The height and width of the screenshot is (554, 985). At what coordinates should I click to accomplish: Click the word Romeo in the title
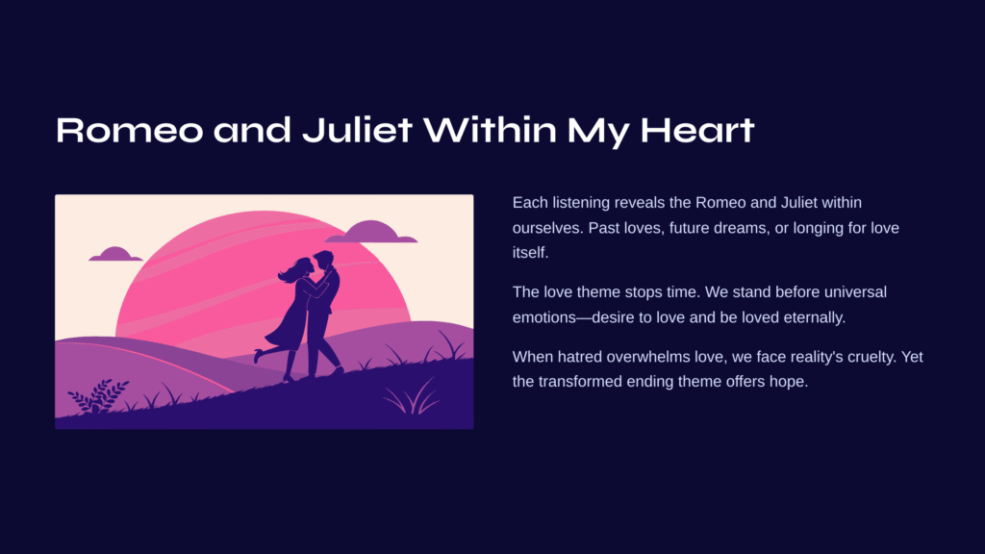tap(130, 130)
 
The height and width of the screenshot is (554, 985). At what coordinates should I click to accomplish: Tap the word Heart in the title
tap(697, 130)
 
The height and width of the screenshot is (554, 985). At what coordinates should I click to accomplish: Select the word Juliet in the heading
tap(357, 130)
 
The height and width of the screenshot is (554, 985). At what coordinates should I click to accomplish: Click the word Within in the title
tap(490, 130)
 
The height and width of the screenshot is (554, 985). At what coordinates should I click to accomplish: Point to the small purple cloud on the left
tap(115, 254)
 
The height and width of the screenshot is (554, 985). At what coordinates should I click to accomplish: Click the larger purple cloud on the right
tap(370, 232)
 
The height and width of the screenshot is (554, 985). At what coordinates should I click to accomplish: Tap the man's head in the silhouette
tap(324, 260)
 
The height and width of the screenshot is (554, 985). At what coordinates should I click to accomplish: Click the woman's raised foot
tap(258, 356)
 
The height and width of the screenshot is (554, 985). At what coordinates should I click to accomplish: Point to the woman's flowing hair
tap(292, 270)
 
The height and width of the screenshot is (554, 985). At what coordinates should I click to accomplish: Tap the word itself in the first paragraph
tap(530, 253)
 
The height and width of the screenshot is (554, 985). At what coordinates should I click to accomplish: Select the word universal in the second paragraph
tap(855, 292)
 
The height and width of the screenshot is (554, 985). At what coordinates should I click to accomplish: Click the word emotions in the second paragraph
tap(543, 317)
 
